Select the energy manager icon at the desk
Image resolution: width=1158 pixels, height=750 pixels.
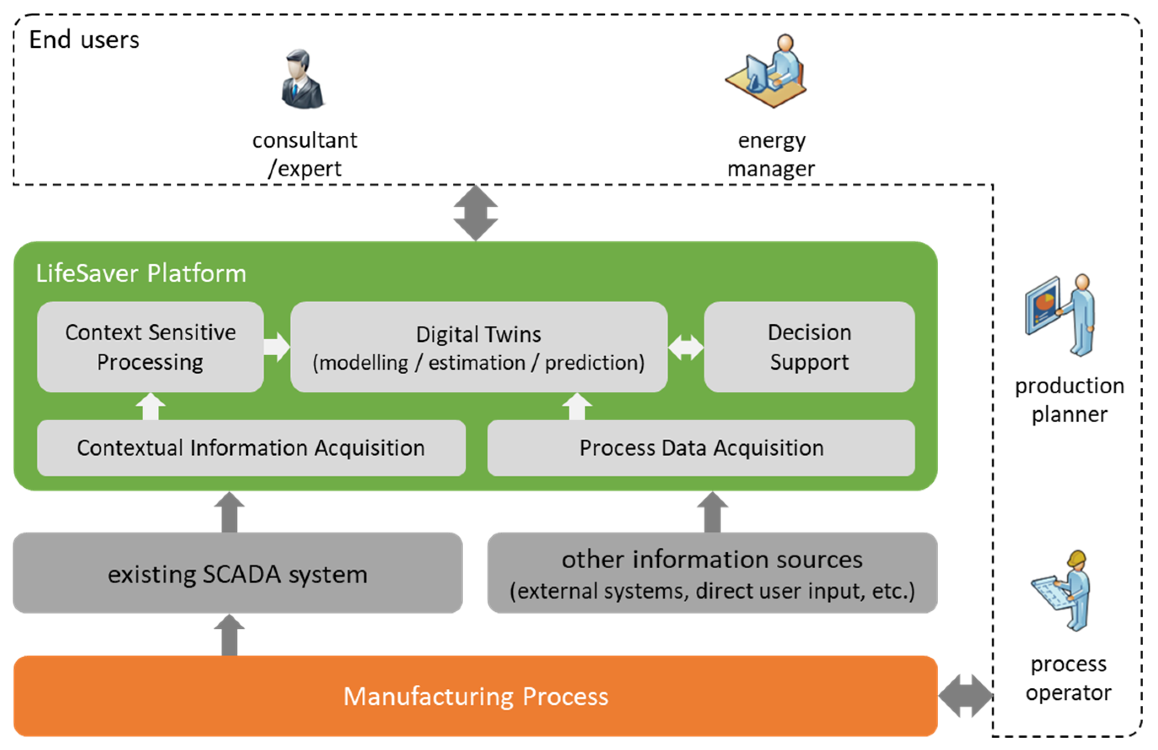pyautogui.click(x=768, y=72)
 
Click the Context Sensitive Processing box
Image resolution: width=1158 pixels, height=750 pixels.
pyautogui.click(x=151, y=347)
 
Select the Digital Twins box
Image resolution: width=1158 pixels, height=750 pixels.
pyautogui.click(x=479, y=347)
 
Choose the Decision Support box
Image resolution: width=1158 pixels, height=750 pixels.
pyautogui.click(x=809, y=347)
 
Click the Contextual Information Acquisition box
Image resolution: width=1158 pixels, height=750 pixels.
pyautogui.click(x=251, y=447)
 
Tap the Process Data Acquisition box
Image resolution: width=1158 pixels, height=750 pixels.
pyautogui.click(x=701, y=447)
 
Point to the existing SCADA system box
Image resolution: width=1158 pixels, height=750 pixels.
pyautogui.click(x=237, y=573)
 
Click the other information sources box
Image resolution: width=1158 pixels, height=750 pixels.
pyautogui.click(x=712, y=573)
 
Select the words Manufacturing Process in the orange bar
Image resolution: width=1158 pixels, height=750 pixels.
pyautogui.click(x=475, y=696)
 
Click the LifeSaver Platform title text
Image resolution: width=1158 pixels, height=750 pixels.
pyautogui.click(x=141, y=273)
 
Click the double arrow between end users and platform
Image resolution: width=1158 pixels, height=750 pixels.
pyautogui.click(x=475, y=213)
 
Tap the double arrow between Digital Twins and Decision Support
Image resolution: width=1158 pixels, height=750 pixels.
pyautogui.click(x=686, y=347)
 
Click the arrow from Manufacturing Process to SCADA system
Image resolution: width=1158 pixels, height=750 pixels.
pyautogui.click(x=229, y=635)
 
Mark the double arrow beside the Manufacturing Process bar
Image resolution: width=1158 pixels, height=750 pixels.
pyautogui.click(x=965, y=696)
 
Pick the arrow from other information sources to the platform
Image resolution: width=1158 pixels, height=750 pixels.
pyautogui.click(x=712, y=512)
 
